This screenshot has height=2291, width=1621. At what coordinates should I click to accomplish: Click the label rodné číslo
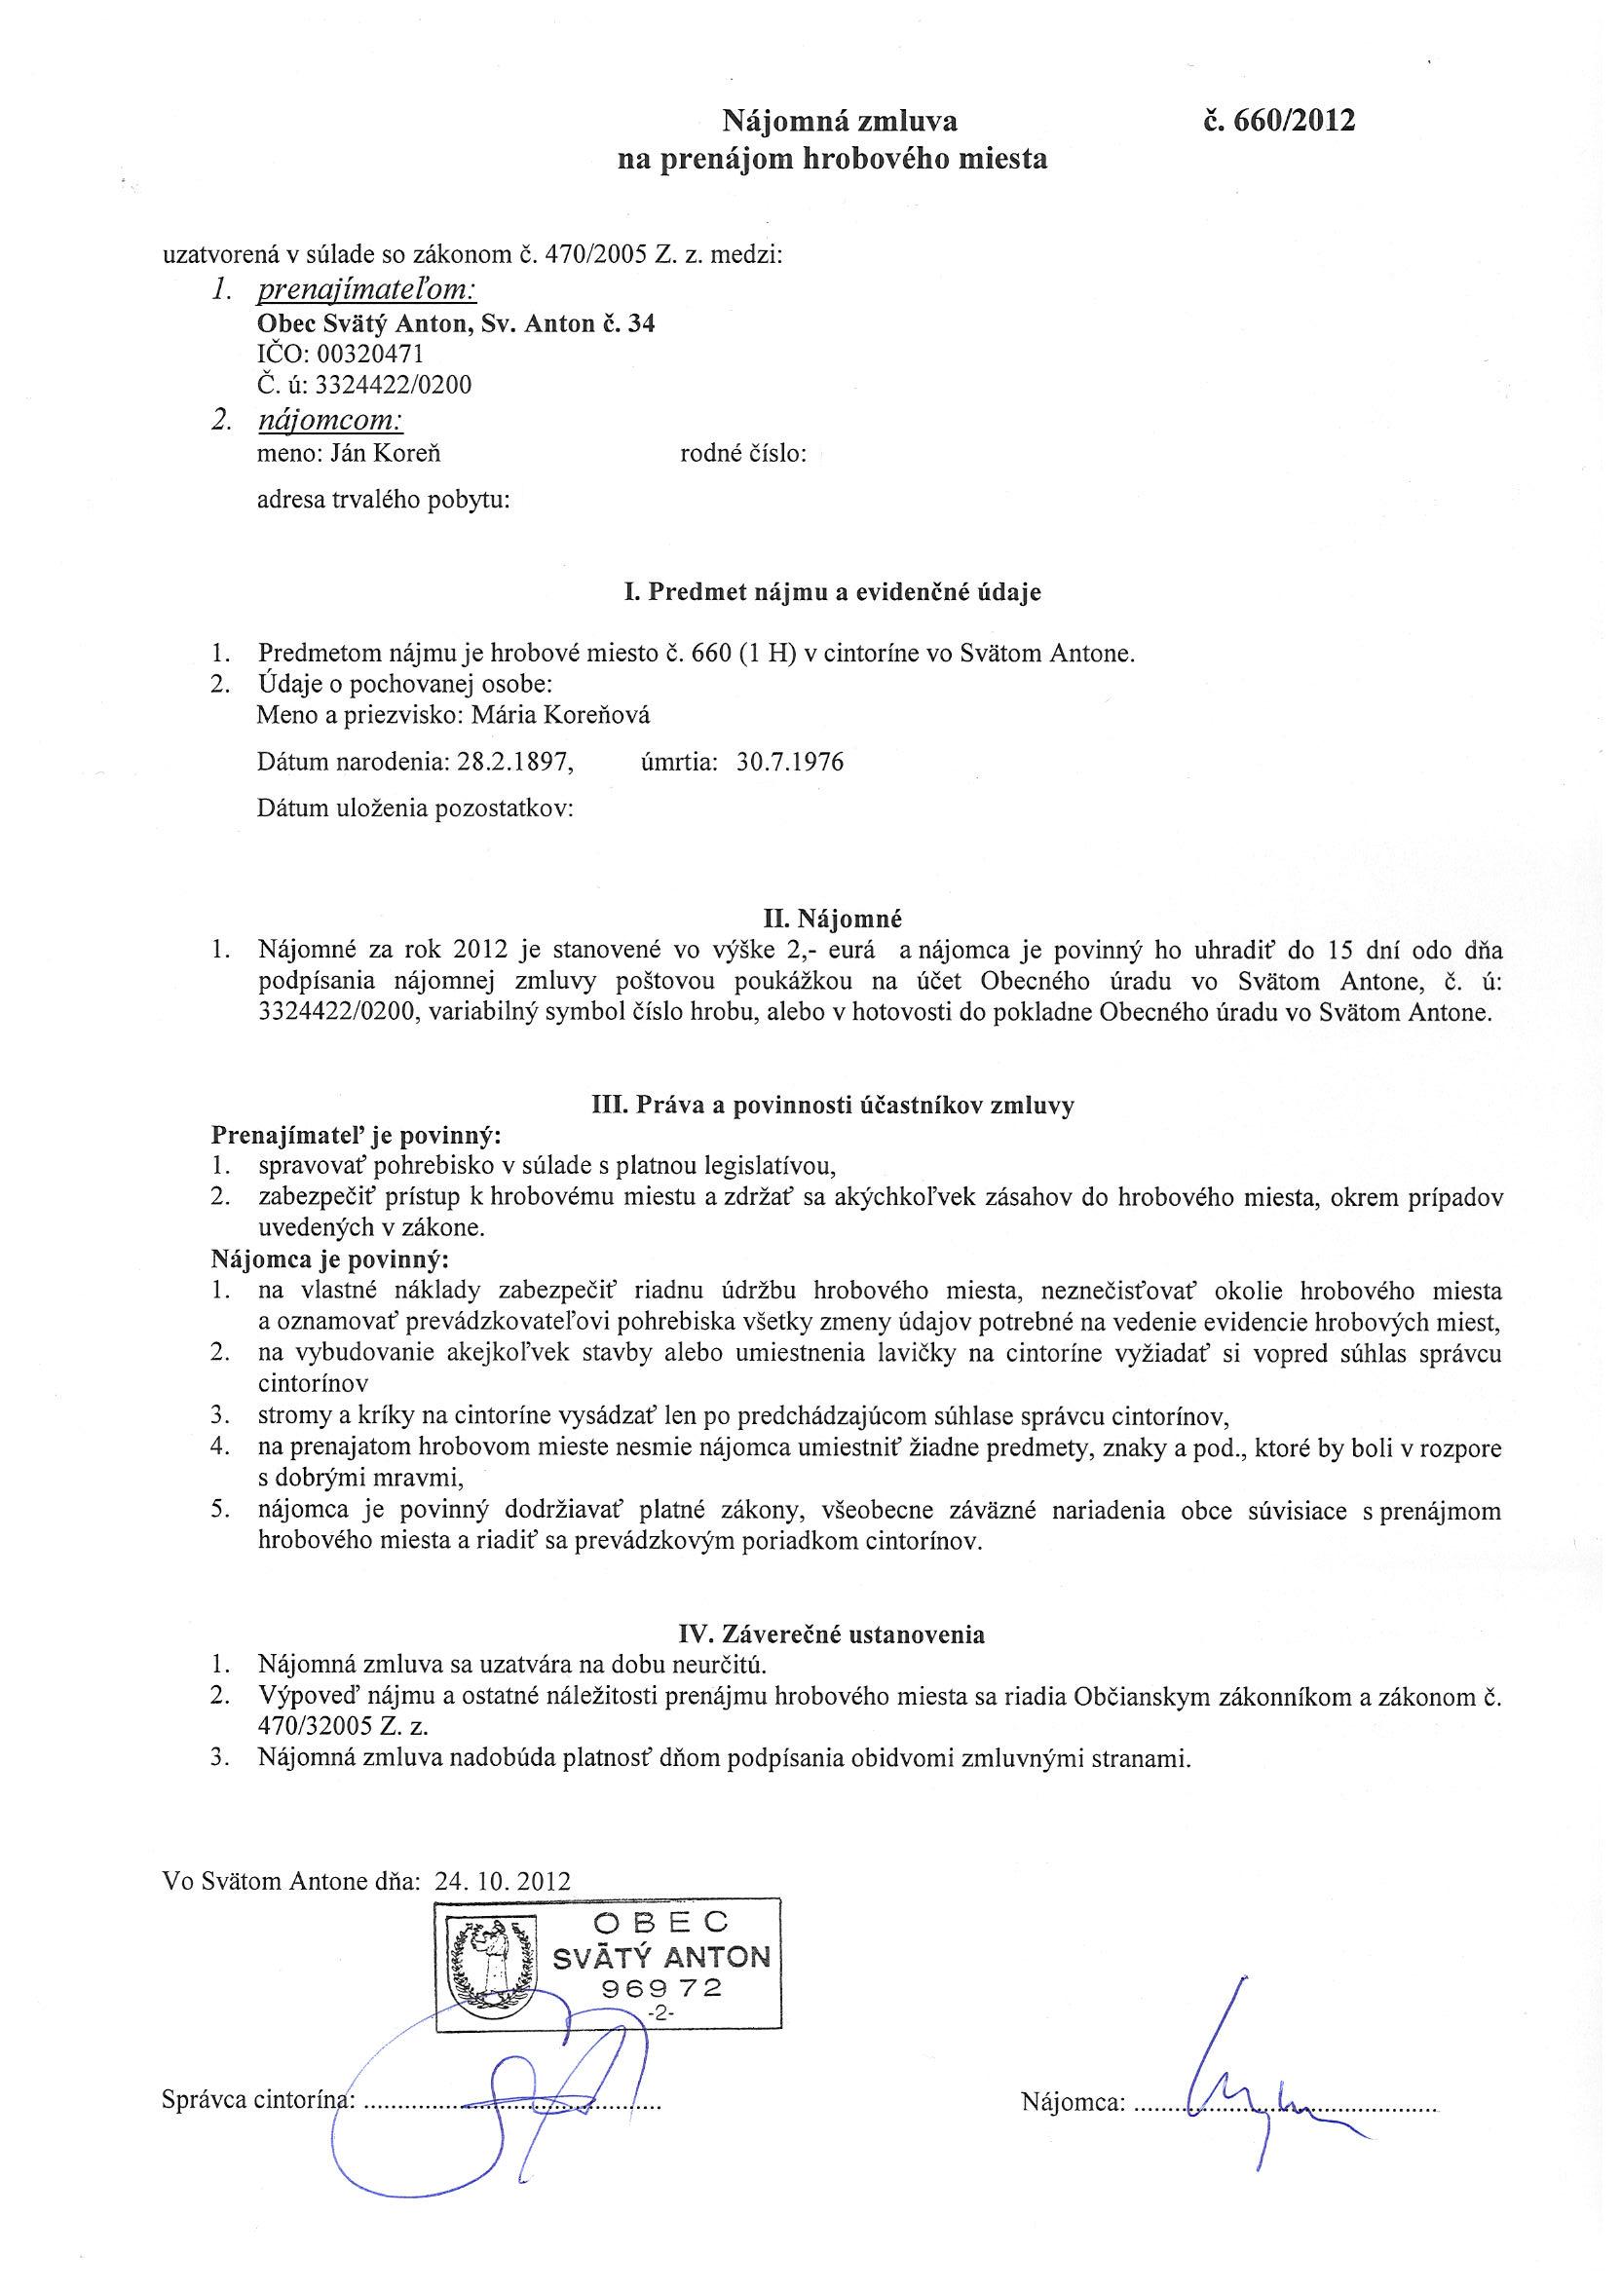742,454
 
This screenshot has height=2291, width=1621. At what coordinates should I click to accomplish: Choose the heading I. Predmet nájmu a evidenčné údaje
833,591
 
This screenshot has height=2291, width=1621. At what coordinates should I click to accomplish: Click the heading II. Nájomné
833,915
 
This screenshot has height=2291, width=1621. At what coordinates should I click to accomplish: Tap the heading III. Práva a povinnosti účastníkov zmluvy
833,1106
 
